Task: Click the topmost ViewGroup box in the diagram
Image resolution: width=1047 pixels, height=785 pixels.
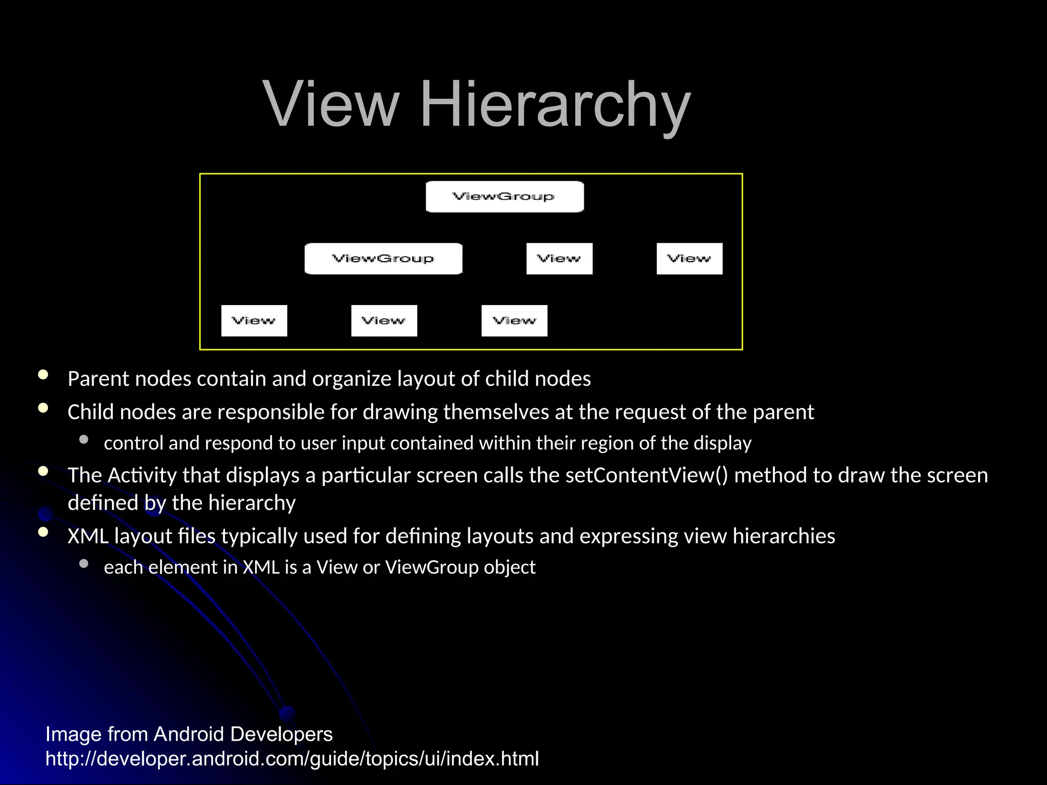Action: click(x=505, y=197)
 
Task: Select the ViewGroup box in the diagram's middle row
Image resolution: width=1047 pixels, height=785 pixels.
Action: click(x=383, y=259)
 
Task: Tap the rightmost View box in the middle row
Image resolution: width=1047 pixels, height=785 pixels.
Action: click(x=689, y=259)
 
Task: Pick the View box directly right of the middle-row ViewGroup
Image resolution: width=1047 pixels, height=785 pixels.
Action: click(x=559, y=259)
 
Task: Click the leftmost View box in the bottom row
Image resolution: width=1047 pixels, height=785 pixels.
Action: click(x=254, y=321)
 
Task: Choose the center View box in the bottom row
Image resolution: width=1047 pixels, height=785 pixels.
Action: click(x=384, y=321)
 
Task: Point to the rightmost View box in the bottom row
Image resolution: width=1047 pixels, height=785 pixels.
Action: click(x=514, y=321)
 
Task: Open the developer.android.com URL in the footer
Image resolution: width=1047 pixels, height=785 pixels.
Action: click(x=292, y=759)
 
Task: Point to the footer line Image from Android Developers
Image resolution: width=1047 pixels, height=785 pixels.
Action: click(x=189, y=734)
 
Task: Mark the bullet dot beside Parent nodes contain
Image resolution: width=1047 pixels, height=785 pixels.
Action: click(x=43, y=375)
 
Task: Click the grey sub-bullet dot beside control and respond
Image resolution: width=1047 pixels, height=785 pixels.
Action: click(x=84, y=440)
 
